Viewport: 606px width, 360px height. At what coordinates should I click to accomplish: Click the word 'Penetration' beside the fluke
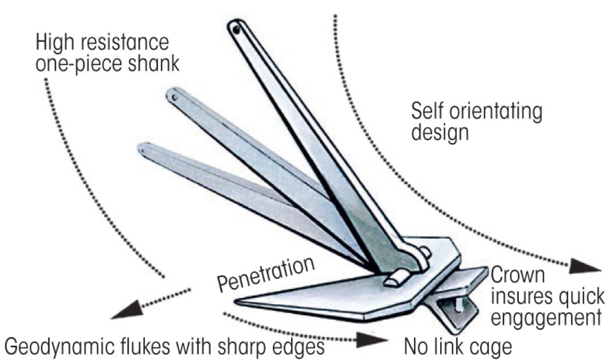tap(266, 273)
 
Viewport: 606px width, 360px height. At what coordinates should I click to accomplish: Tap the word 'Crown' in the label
tap(517, 275)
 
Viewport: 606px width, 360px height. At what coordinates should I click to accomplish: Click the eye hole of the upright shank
tap(236, 28)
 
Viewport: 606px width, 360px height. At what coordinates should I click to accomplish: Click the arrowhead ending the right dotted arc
tap(585, 267)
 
